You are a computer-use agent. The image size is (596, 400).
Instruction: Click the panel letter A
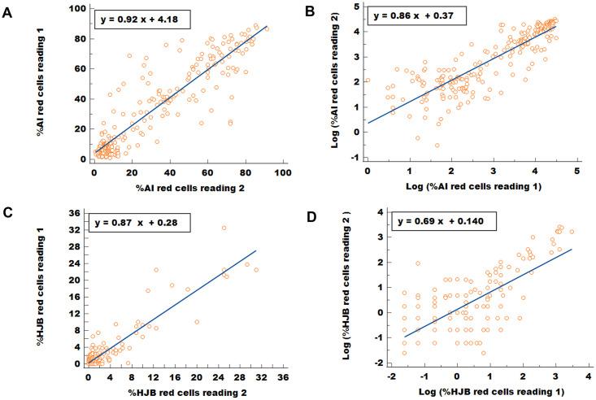pos(10,11)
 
